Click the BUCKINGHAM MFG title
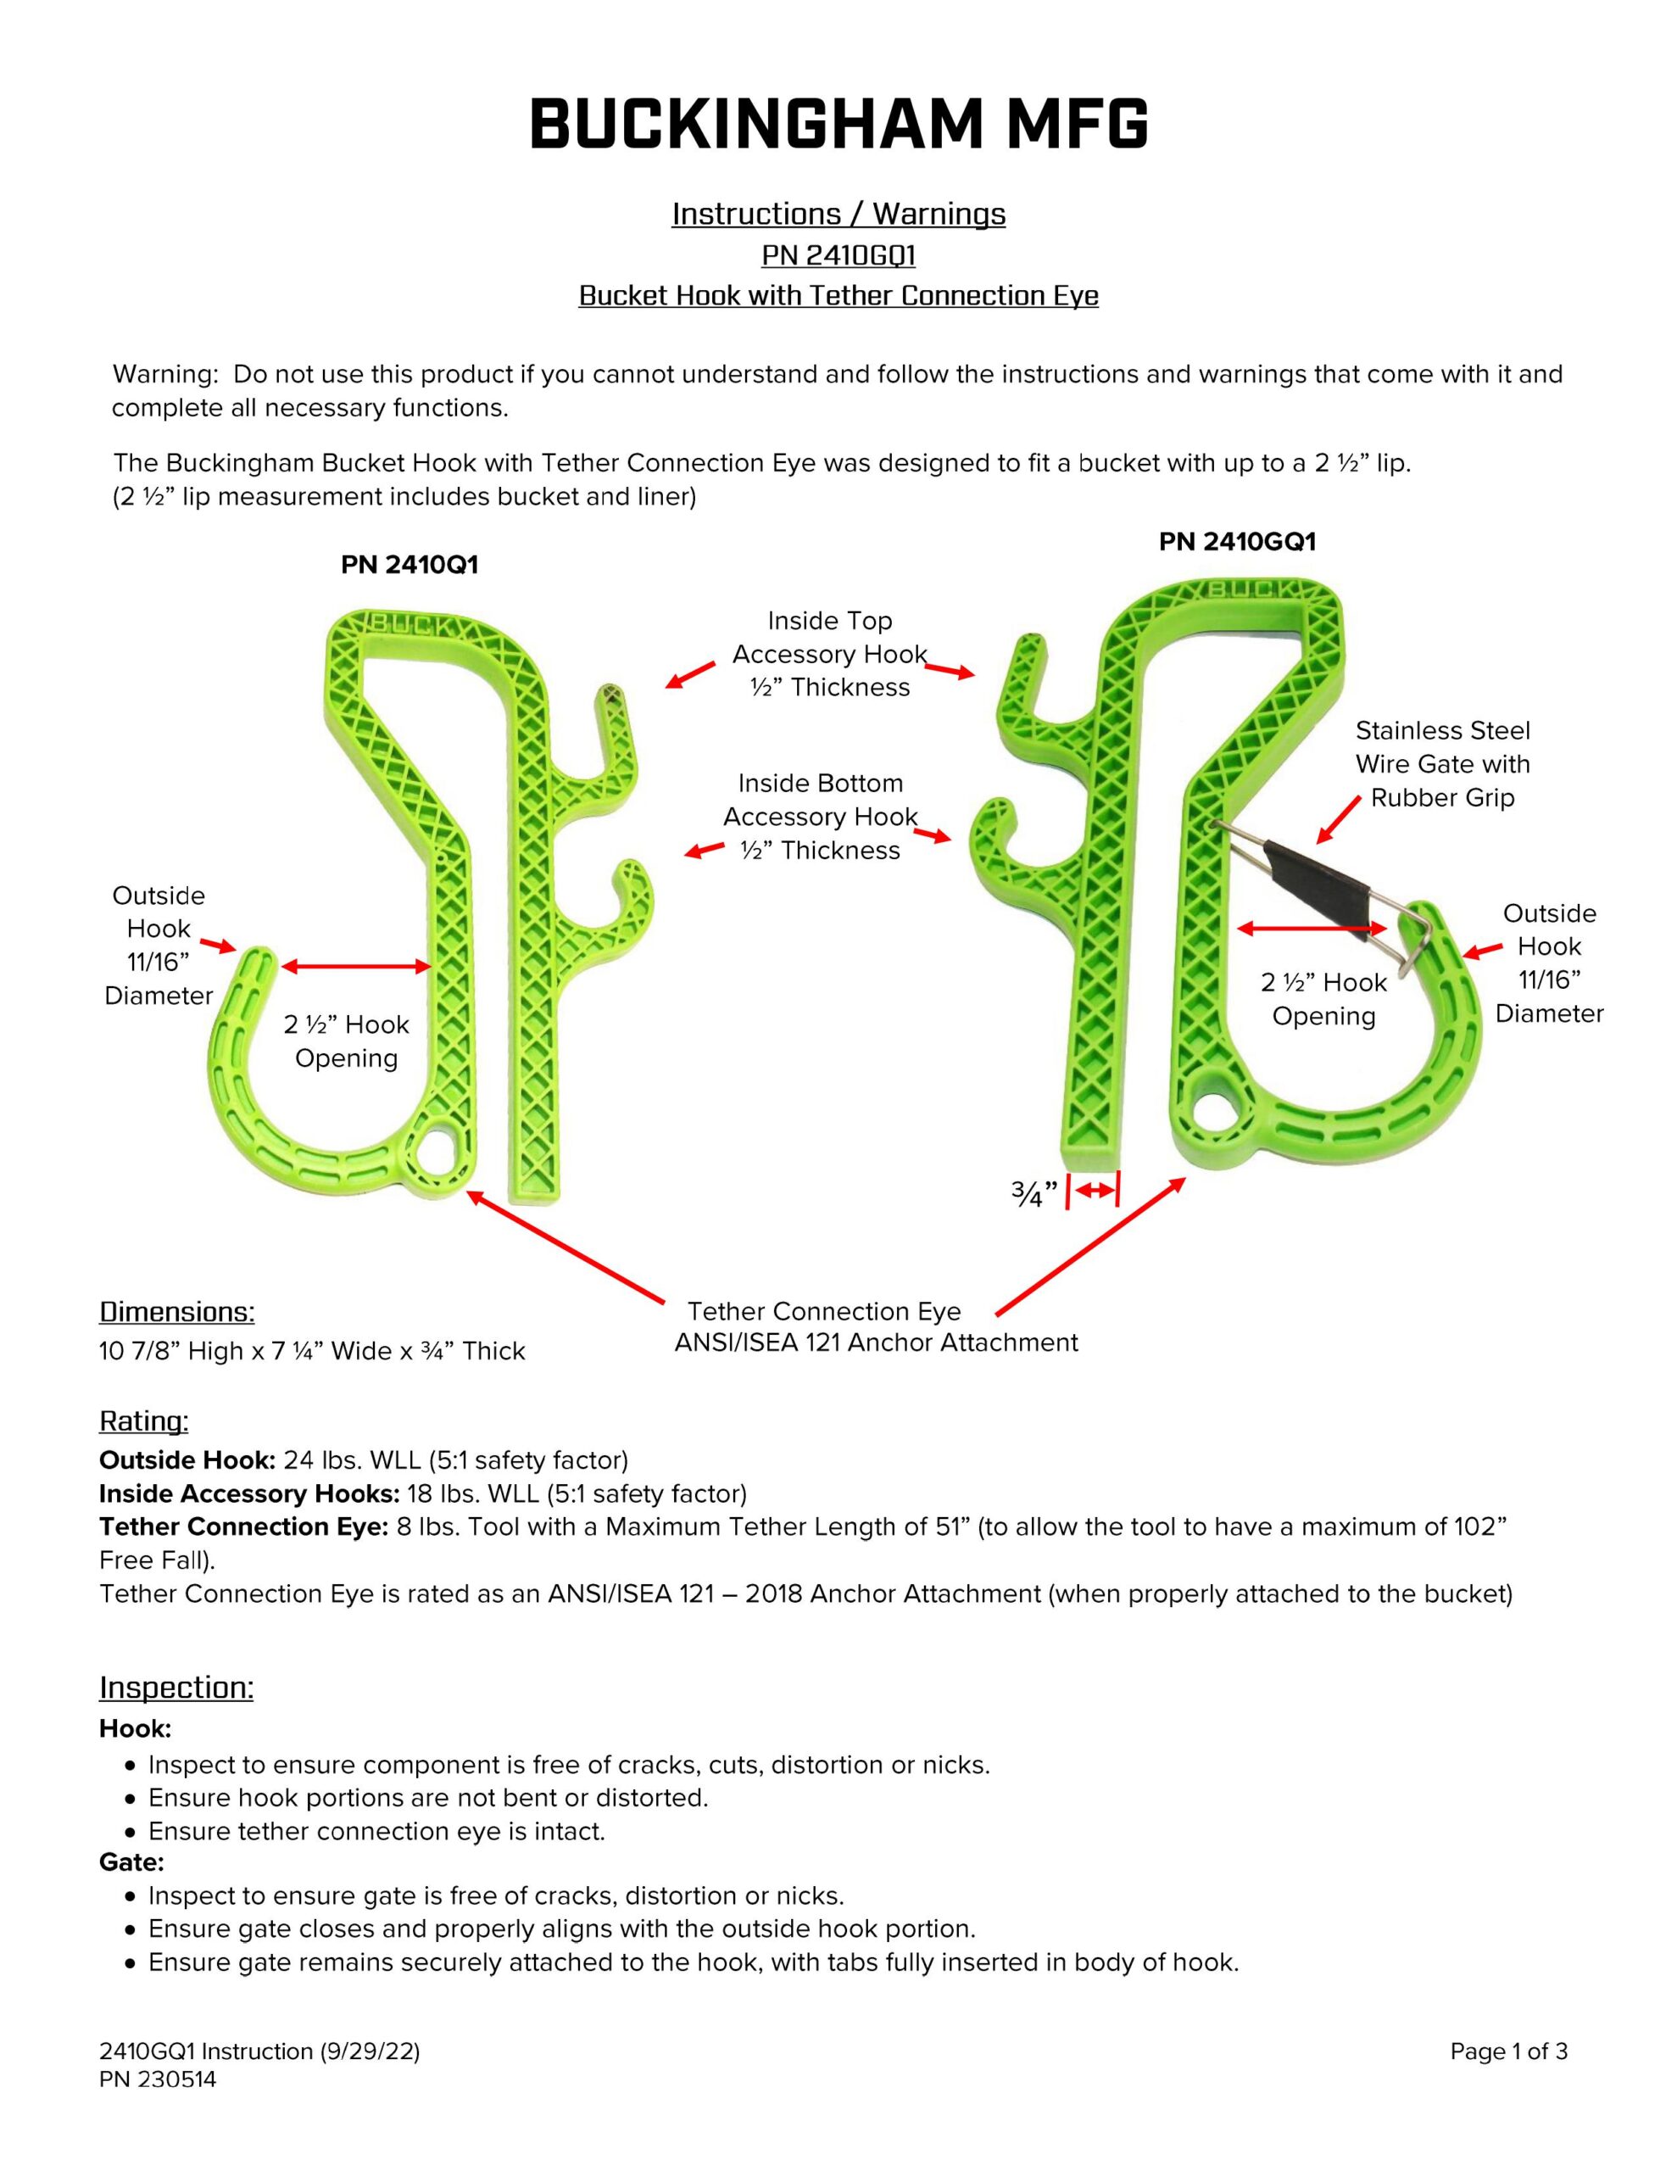tap(838, 126)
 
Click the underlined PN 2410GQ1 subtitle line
tap(838, 255)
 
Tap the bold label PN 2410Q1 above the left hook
tap(409, 565)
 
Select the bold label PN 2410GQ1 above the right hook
tap(1237, 542)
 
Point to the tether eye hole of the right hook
tap(1217, 1116)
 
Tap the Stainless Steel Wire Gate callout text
tap(1442, 763)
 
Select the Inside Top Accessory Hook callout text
tap(830, 654)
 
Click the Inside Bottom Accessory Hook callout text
tap(820, 818)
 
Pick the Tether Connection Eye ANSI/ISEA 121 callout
tap(875, 1327)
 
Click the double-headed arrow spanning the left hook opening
tap(356, 966)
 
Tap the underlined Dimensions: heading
tap(177, 1312)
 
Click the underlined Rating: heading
tap(143, 1421)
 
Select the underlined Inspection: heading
tap(176, 1687)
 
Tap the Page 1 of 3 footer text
tap(1508, 2051)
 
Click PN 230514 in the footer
tap(157, 2079)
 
